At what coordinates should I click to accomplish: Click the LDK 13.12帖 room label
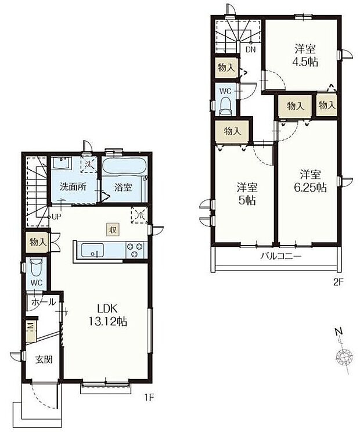click(x=107, y=315)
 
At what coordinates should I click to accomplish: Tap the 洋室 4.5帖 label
click(x=305, y=56)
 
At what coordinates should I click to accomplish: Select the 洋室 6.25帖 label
click(x=311, y=181)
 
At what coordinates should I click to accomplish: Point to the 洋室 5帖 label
click(x=247, y=194)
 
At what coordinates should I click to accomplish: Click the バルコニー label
click(x=281, y=257)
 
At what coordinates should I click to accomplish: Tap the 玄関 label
click(x=44, y=359)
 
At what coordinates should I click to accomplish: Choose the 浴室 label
click(x=123, y=188)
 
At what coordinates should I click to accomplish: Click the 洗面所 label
click(x=73, y=187)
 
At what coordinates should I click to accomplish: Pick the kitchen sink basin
click(x=92, y=250)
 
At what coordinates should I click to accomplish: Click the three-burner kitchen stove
click(x=135, y=250)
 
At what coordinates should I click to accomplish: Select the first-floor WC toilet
click(x=36, y=267)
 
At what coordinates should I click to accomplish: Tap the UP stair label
click(x=56, y=217)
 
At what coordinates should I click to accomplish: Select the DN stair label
click(x=251, y=50)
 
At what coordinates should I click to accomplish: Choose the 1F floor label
click(x=149, y=397)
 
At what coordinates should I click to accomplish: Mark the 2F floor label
click(x=338, y=282)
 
